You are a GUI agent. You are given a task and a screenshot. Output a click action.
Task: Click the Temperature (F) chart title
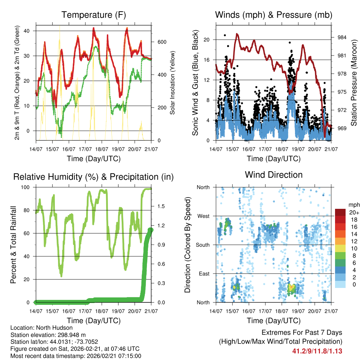pos(94,15)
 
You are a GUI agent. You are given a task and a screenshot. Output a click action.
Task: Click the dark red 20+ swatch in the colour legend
pos(340,212)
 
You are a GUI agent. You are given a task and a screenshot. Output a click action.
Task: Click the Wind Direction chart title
pos(274,175)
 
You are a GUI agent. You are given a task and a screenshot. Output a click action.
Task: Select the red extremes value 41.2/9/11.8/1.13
pos(317,351)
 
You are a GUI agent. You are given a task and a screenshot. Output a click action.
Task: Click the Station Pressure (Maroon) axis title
pos(354,82)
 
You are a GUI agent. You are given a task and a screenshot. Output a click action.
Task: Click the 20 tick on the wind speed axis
pos(207,40)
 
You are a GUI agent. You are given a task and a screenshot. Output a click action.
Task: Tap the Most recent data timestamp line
pos(76,356)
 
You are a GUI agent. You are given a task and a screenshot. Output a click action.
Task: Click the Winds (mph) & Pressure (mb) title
pos(274,15)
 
